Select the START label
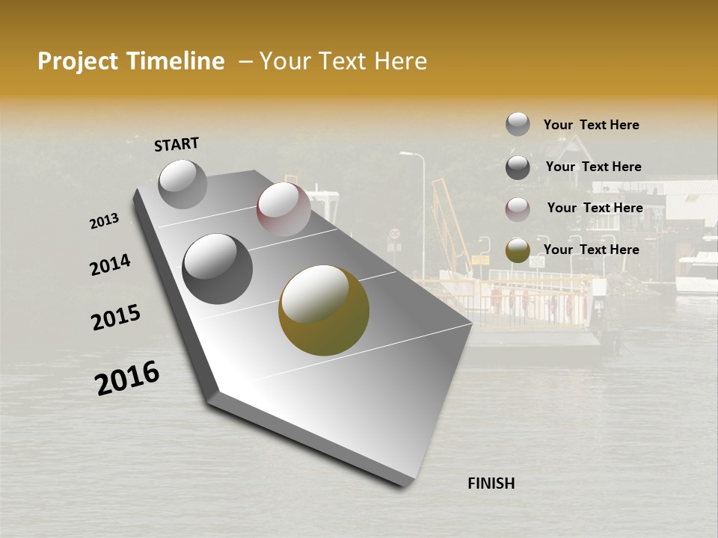tap(177, 144)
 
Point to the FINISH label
tap(491, 483)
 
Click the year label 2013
tap(105, 221)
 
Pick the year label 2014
tap(111, 265)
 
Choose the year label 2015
tap(116, 317)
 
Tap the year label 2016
tap(127, 378)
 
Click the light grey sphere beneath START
tap(183, 184)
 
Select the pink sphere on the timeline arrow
tap(283, 208)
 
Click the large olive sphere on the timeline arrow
tap(324, 310)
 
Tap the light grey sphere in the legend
tap(518, 124)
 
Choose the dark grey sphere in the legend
tap(518, 167)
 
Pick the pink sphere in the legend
tap(518, 209)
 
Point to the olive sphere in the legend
tap(518, 251)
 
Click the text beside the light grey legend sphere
tap(591, 125)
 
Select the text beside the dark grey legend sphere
tap(593, 167)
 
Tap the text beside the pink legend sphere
tap(595, 208)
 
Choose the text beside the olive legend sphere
tap(591, 250)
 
